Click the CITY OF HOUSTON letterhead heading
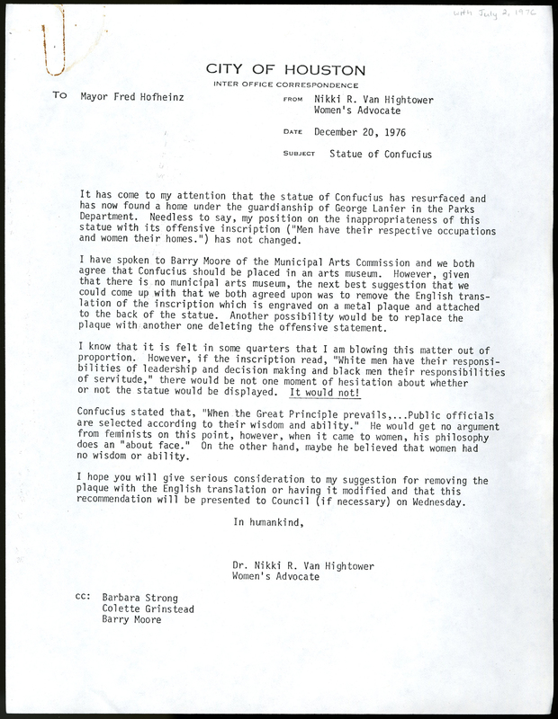(285, 69)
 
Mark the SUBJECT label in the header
(298, 155)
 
